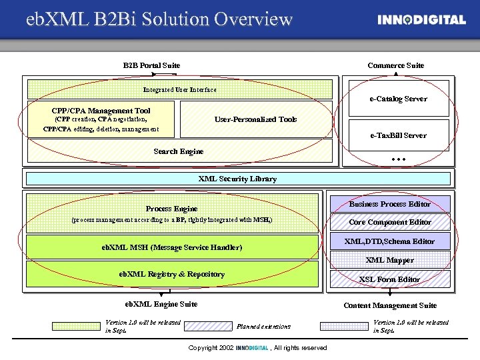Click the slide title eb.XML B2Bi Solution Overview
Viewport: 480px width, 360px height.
click(159, 19)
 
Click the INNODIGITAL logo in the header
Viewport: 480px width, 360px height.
click(421, 20)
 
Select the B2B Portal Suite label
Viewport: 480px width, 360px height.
click(151, 65)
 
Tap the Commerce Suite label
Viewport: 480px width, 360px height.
click(395, 65)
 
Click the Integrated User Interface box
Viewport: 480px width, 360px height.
click(179, 89)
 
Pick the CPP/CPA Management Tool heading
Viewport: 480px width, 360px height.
click(101, 111)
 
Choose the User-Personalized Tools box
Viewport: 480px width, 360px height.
click(255, 119)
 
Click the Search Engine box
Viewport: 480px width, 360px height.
click(179, 151)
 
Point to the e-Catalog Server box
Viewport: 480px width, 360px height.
click(399, 99)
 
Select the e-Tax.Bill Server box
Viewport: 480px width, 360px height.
click(399, 135)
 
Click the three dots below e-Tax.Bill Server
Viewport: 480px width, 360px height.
click(399, 161)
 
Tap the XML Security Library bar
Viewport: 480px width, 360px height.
click(237, 179)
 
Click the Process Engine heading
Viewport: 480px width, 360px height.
click(171, 209)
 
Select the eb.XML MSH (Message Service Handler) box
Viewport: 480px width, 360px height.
click(171, 247)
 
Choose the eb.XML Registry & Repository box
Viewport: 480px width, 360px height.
click(171, 274)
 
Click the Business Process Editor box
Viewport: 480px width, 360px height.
click(390, 204)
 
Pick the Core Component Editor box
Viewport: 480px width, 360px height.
click(390, 222)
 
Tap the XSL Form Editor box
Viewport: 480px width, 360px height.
click(390, 279)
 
